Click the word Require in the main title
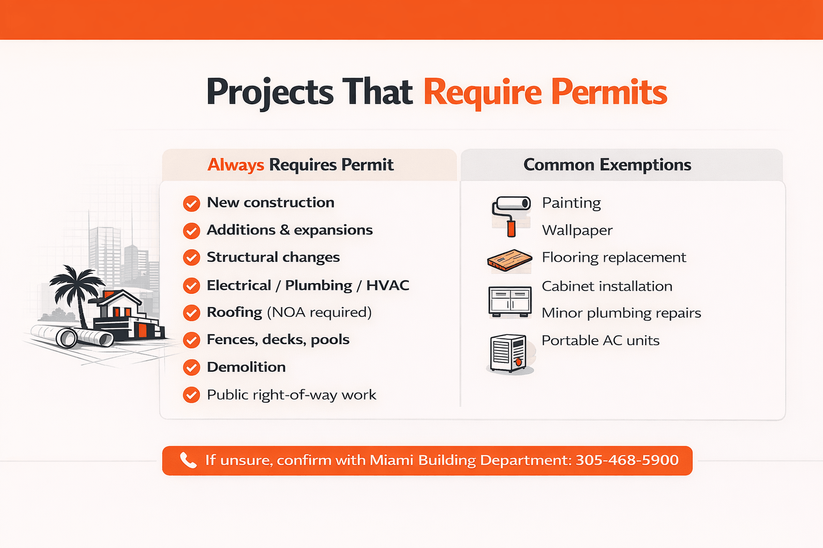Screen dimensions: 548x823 click(482, 92)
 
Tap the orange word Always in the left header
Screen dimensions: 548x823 click(235, 165)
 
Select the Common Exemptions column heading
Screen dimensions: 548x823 click(607, 165)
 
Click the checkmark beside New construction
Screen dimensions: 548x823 click(191, 203)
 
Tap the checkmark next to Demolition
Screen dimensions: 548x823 click(191, 368)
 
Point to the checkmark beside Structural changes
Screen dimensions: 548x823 click(191, 258)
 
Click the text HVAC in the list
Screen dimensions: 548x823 click(387, 285)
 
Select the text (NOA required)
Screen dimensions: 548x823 click(319, 312)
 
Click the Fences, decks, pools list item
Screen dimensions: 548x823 click(278, 340)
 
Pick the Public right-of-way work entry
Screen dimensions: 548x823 click(291, 395)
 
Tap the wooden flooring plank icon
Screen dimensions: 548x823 click(509, 261)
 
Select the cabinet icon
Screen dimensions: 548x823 click(510, 301)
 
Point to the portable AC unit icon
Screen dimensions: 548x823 click(509, 353)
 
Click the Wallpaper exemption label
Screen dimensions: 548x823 click(577, 231)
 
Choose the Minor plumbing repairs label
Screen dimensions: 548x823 click(621, 313)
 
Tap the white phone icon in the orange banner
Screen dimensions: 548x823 click(188, 460)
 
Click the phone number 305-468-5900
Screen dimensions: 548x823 click(627, 460)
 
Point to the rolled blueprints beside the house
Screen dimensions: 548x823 click(72, 336)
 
